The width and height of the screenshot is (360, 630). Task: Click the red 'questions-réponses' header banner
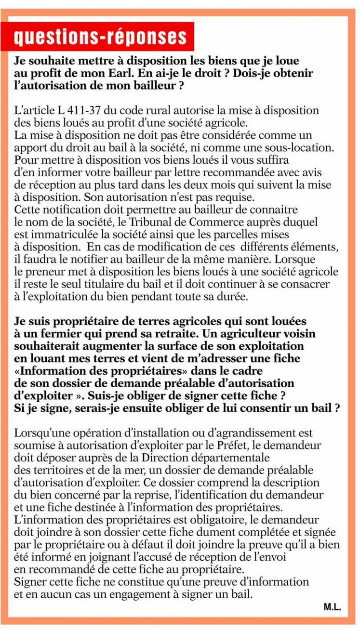pyautogui.click(x=100, y=37)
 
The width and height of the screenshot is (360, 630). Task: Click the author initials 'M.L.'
pyautogui.click(x=332, y=608)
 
